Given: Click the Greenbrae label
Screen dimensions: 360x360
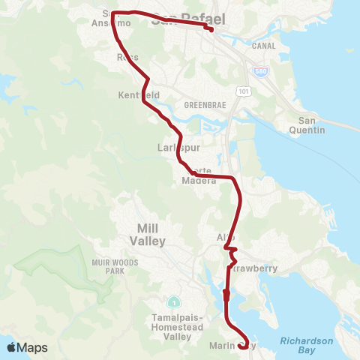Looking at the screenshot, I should tap(200, 106).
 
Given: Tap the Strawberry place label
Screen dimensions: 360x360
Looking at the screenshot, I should tap(253, 268).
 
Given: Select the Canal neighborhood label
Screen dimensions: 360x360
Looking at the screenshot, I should tap(264, 46).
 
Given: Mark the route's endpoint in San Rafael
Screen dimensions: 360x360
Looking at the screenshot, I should tap(211, 29).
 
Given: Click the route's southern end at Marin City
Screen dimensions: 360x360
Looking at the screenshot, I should tap(242, 346).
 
